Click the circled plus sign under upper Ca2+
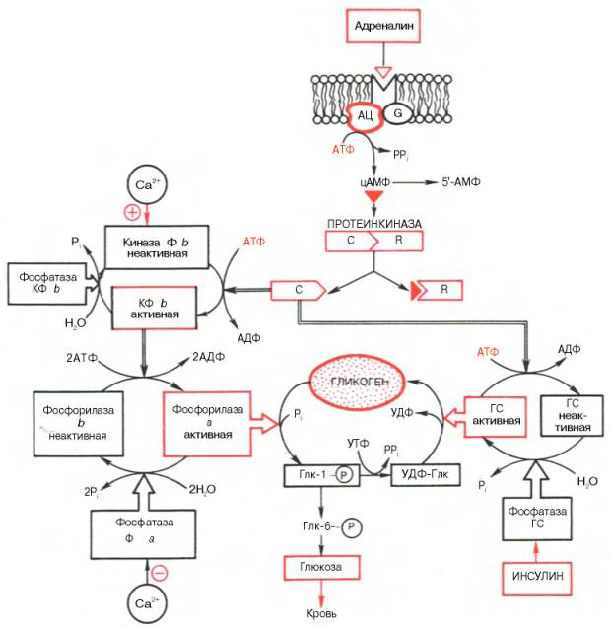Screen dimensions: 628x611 (132, 213)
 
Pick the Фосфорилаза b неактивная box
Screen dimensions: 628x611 (70, 421)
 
